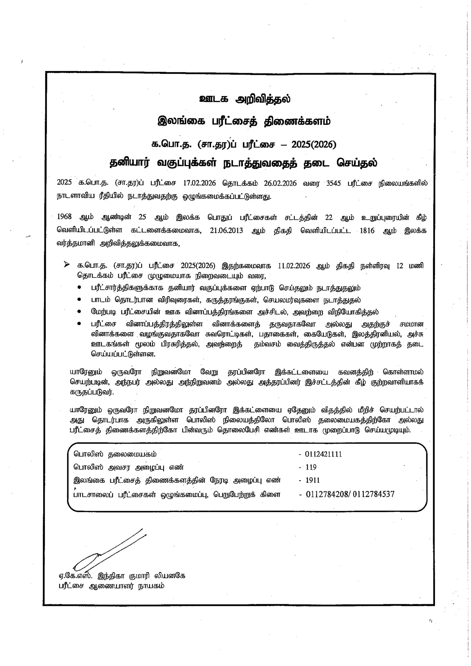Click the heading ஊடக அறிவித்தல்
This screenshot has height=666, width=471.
click(x=245, y=99)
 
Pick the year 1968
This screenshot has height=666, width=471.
click(x=64, y=217)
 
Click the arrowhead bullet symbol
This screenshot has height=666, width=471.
click(x=67, y=265)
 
